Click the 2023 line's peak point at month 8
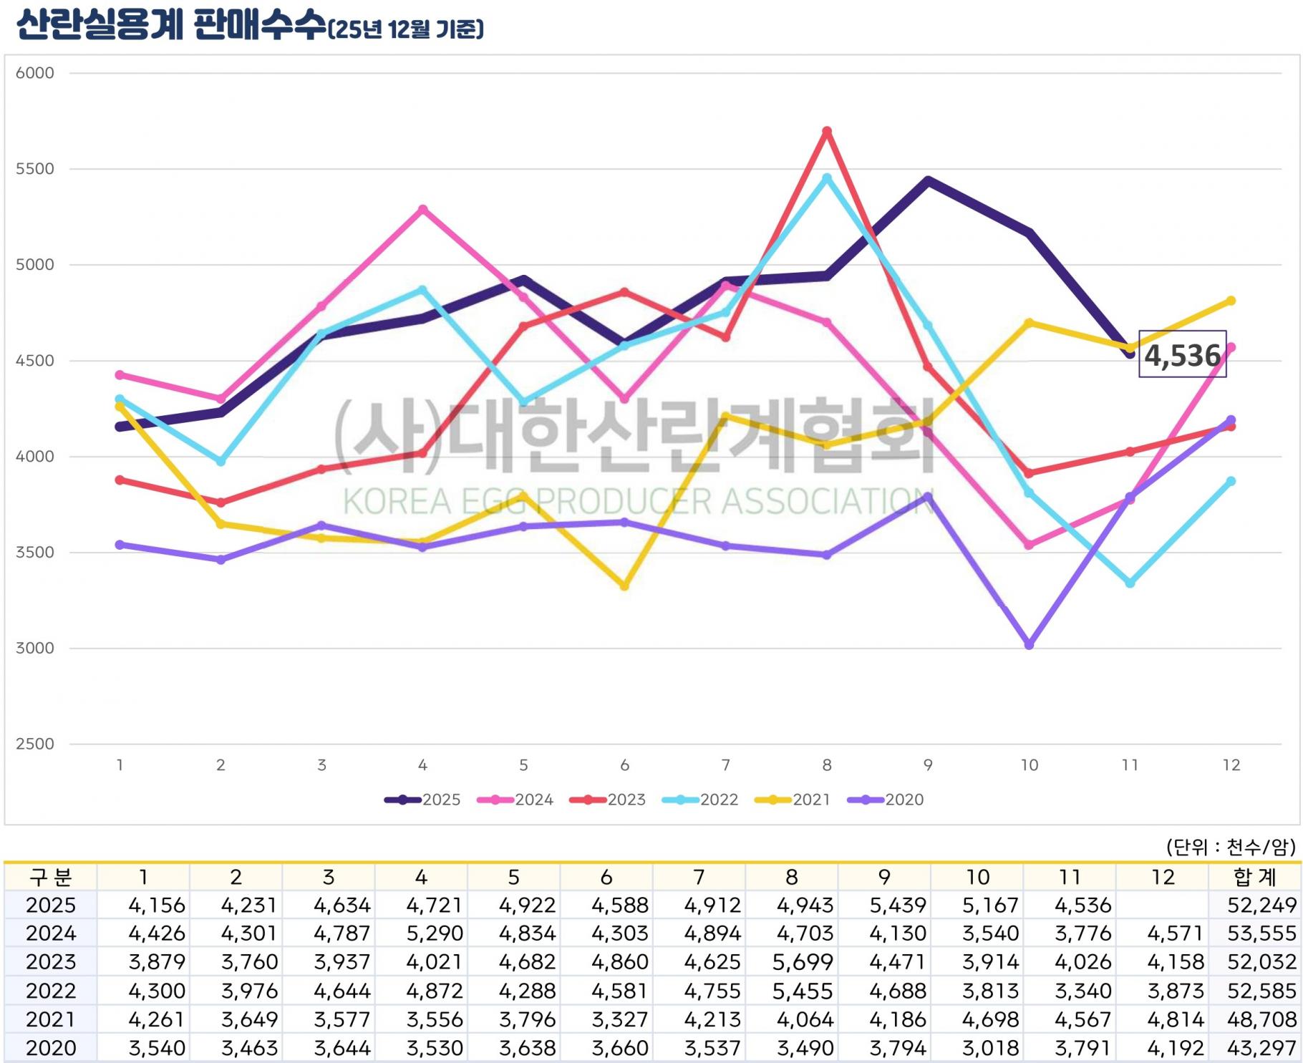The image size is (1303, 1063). (x=827, y=132)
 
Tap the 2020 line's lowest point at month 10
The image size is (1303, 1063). (x=1029, y=645)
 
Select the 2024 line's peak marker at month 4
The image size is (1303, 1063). (x=422, y=210)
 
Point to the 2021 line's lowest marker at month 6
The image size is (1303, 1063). (x=624, y=586)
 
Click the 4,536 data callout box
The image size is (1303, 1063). (x=1182, y=354)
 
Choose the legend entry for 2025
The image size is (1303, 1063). (x=422, y=800)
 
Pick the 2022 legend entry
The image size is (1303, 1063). (x=700, y=800)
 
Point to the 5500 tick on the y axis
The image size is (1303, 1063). (x=35, y=169)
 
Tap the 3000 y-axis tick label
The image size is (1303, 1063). (x=35, y=648)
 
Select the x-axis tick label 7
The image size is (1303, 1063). (x=725, y=765)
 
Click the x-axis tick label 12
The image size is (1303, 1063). (x=1231, y=765)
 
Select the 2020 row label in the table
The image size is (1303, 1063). (x=50, y=1048)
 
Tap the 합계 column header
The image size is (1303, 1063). (x=1254, y=877)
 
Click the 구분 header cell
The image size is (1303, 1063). (x=50, y=877)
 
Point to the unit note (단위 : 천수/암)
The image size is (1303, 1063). (x=1230, y=848)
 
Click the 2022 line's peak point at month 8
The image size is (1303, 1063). (x=827, y=178)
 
